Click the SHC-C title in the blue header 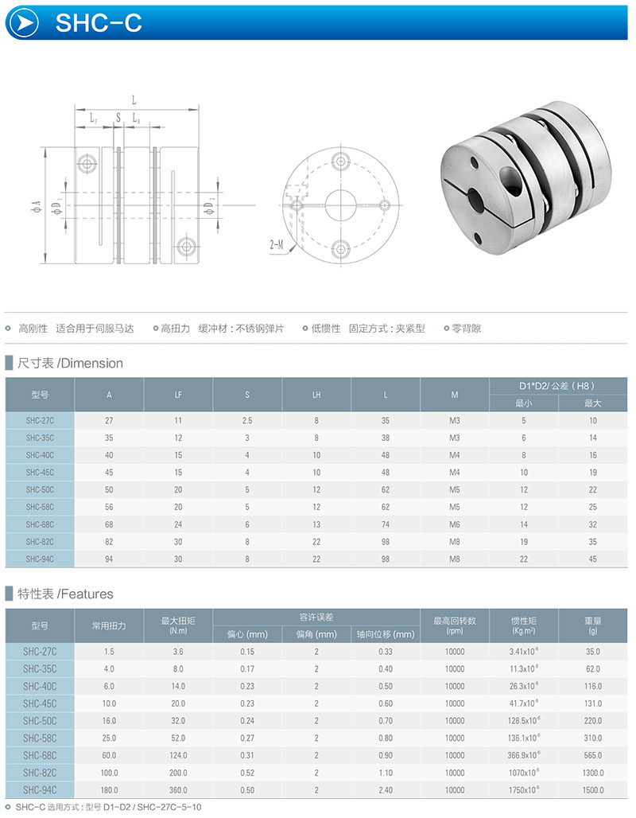pos(99,23)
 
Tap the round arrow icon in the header pos(27,23)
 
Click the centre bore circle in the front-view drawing pos(339,204)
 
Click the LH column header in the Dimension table pos(316,395)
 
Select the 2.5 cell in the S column pos(247,420)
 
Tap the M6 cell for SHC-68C pos(455,524)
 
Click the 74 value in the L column pos(386,524)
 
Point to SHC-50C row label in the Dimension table pos(40,489)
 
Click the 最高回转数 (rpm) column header pos(455,625)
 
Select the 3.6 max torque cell pos(178,651)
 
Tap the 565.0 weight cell pos(593,755)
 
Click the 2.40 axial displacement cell pos(386,790)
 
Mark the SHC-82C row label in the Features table pos(40,773)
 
